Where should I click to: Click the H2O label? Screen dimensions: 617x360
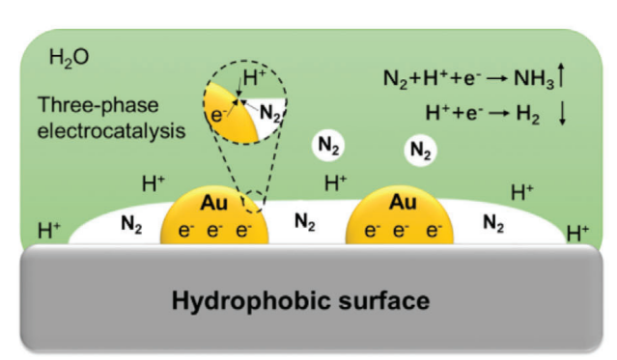point(69,58)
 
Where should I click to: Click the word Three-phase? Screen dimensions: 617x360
point(98,105)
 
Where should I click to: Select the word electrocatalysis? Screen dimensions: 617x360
point(111,130)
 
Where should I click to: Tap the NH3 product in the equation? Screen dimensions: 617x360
point(534,78)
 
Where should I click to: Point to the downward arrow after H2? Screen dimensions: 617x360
point(563,113)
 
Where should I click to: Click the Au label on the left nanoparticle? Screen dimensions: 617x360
point(214,203)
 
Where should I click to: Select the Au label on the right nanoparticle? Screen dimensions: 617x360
point(403,203)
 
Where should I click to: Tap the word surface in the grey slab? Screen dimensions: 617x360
point(384,301)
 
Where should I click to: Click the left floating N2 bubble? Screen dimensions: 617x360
point(328,146)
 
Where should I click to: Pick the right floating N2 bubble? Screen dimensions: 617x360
point(421,151)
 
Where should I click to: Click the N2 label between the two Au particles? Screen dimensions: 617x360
point(305,222)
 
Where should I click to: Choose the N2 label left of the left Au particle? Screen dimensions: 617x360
point(131,225)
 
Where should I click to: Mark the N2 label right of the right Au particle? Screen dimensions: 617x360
point(493,224)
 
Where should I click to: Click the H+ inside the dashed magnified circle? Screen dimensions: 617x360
point(255,77)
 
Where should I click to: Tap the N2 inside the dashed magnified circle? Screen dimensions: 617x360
point(270,113)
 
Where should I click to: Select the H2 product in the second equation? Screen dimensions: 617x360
point(527,114)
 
